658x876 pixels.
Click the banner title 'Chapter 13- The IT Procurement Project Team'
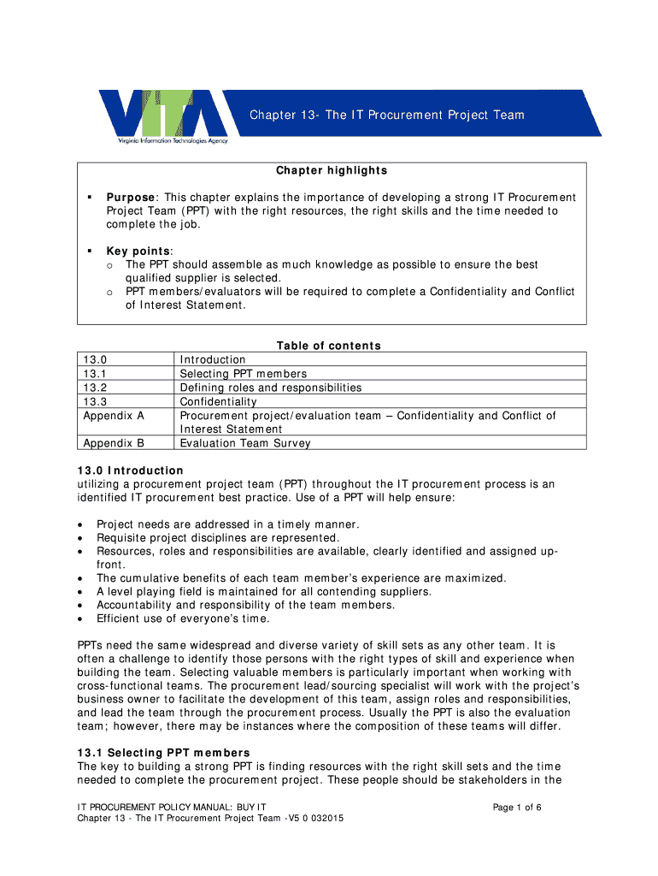point(386,115)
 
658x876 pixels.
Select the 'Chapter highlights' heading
point(331,170)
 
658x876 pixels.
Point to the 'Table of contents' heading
point(328,346)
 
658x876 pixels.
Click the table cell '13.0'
point(95,360)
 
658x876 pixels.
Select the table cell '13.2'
point(95,388)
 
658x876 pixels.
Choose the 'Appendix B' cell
point(113,443)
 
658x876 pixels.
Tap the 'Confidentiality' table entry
point(218,401)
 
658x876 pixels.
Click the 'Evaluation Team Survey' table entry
point(245,443)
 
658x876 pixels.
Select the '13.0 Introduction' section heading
point(130,471)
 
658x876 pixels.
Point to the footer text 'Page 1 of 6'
point(517,807)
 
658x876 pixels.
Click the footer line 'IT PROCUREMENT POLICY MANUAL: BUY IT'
point(172,807)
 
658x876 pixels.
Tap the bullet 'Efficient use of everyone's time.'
point(183,619)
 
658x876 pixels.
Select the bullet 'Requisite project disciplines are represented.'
point(218,538)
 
